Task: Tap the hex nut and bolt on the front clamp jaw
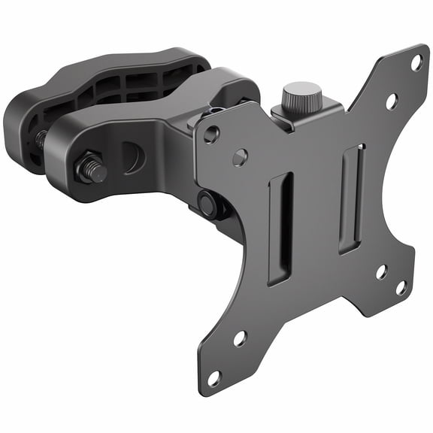[90, 169]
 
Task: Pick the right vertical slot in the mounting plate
[351, 197]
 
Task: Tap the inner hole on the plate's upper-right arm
[391, 100]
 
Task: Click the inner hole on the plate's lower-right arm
[382, 271]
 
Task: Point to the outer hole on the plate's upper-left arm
[212, 135]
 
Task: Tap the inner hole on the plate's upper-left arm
[240, 157]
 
